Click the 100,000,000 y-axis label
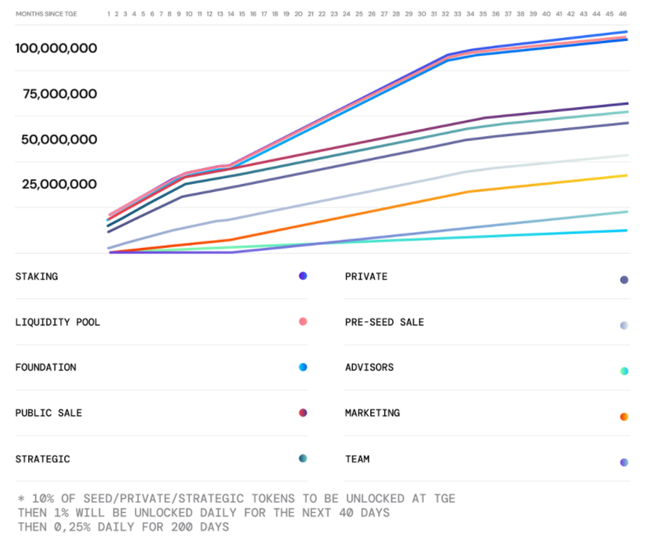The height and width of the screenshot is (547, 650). click(56, 48)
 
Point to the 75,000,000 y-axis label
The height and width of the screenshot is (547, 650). click(60, 94)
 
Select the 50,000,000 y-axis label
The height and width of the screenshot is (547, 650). click(59, 140)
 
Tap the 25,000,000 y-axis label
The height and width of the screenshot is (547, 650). click(60, 185)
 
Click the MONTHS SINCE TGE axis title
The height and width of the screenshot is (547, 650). click(46, 14)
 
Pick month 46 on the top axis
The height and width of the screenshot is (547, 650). click(623, 14)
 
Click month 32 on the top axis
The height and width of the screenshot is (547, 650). click(445, 14)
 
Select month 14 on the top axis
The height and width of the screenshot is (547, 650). click(231, 14)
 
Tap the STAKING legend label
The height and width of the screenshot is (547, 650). click(36, 276)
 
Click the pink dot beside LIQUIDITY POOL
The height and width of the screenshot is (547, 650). click(303, 322)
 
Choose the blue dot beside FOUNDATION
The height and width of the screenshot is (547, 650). click(303, 367)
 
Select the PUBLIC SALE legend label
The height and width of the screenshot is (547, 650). click(49, 413)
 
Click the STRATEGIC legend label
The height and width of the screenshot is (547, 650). click(43, 459)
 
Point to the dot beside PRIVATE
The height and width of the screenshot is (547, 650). click(624, 280)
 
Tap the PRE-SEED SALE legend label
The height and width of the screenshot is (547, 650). click(385, 322)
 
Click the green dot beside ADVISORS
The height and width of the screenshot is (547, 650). click(624, 371)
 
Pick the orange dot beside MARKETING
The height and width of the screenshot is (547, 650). click(624, 416)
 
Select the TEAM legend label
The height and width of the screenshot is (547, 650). click(357, 459)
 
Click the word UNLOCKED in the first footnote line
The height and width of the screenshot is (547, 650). click(375, 498)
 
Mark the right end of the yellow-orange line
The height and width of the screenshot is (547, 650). click(627, 175)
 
